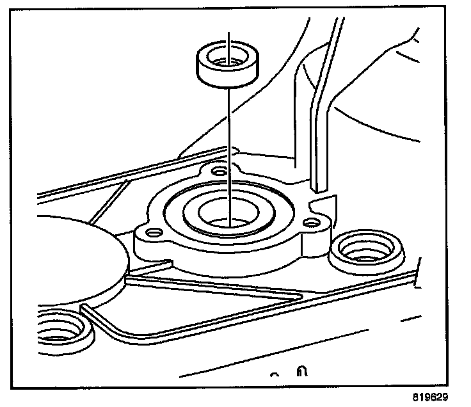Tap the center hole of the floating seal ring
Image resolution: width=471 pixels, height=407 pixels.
pos(228,63)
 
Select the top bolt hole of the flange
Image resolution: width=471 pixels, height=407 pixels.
pos(220,172)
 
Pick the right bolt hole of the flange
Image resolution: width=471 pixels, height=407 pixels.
pos(312,223)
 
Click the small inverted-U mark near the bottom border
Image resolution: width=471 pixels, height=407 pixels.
pos(300,372)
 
